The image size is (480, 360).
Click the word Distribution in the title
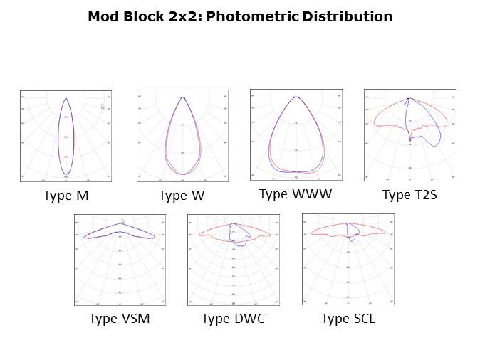coord(348,16)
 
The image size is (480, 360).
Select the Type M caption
coord(66,195)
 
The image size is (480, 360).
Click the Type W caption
coord(182,196)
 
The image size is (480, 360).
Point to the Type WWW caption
coord(295,194)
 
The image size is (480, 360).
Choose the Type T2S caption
coord(409,195)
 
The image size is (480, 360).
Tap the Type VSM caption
coord(120,319)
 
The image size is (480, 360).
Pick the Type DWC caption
coord(233,319)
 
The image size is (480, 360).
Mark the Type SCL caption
coord(348,319)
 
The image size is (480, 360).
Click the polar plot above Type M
coord(66,136)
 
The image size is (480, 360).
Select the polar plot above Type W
coord(182,136)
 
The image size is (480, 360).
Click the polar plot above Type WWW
coord(296,134)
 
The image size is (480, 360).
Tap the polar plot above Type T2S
coord(409,134)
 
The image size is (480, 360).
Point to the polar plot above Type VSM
coord(120,260)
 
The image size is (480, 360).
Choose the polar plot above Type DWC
coord(234,260)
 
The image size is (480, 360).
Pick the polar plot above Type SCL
coord(348,260)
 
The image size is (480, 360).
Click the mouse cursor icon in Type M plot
coord(103,107)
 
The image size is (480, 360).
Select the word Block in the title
coord(141,16)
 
